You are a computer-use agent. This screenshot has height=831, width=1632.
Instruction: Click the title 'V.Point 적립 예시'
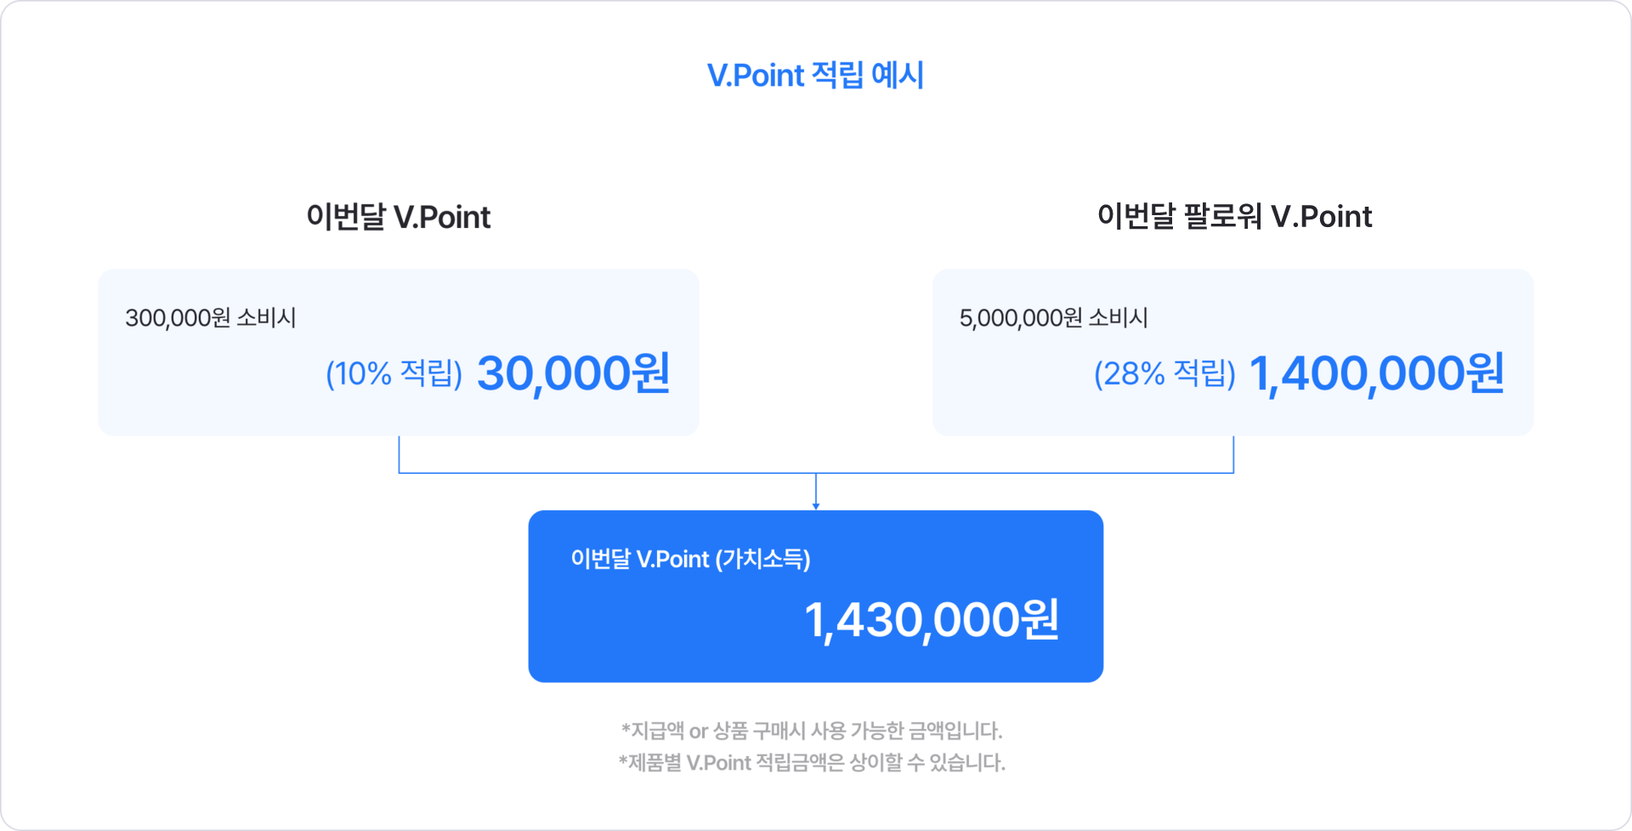click(814, 76)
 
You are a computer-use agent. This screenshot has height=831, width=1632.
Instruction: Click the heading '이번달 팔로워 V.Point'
click(1234, 216)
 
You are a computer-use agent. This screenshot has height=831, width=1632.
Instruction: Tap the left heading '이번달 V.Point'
click(399, 217)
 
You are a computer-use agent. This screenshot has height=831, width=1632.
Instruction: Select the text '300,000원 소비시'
click(211, 318)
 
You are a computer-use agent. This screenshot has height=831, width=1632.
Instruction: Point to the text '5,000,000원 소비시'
click(1053, 318)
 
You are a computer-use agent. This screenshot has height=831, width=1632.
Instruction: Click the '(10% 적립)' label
click(394, 373)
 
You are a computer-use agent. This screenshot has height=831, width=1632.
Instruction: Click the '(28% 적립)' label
click(1164, 373)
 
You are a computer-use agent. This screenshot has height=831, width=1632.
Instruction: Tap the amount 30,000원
click(574, 373)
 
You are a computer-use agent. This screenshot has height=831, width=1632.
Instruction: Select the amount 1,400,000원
click(1377, 373)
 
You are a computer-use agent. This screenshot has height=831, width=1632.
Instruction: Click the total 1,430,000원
click(932, 620)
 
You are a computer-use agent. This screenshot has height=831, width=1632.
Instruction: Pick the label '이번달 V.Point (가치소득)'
click(690, 559)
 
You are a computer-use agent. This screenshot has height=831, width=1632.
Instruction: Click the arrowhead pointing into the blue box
click(816, 504)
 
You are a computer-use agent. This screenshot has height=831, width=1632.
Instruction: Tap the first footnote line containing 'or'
click(812, 731)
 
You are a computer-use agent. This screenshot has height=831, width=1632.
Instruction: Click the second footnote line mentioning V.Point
click(812, 762)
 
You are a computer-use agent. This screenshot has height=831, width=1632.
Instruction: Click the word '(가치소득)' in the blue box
click(762, 559)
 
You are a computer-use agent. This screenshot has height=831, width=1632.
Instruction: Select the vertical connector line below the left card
click(399, 454)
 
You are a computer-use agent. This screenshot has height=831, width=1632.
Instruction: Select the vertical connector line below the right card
click(1233, 454)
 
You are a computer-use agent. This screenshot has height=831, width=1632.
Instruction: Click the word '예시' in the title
click(898, 76)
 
